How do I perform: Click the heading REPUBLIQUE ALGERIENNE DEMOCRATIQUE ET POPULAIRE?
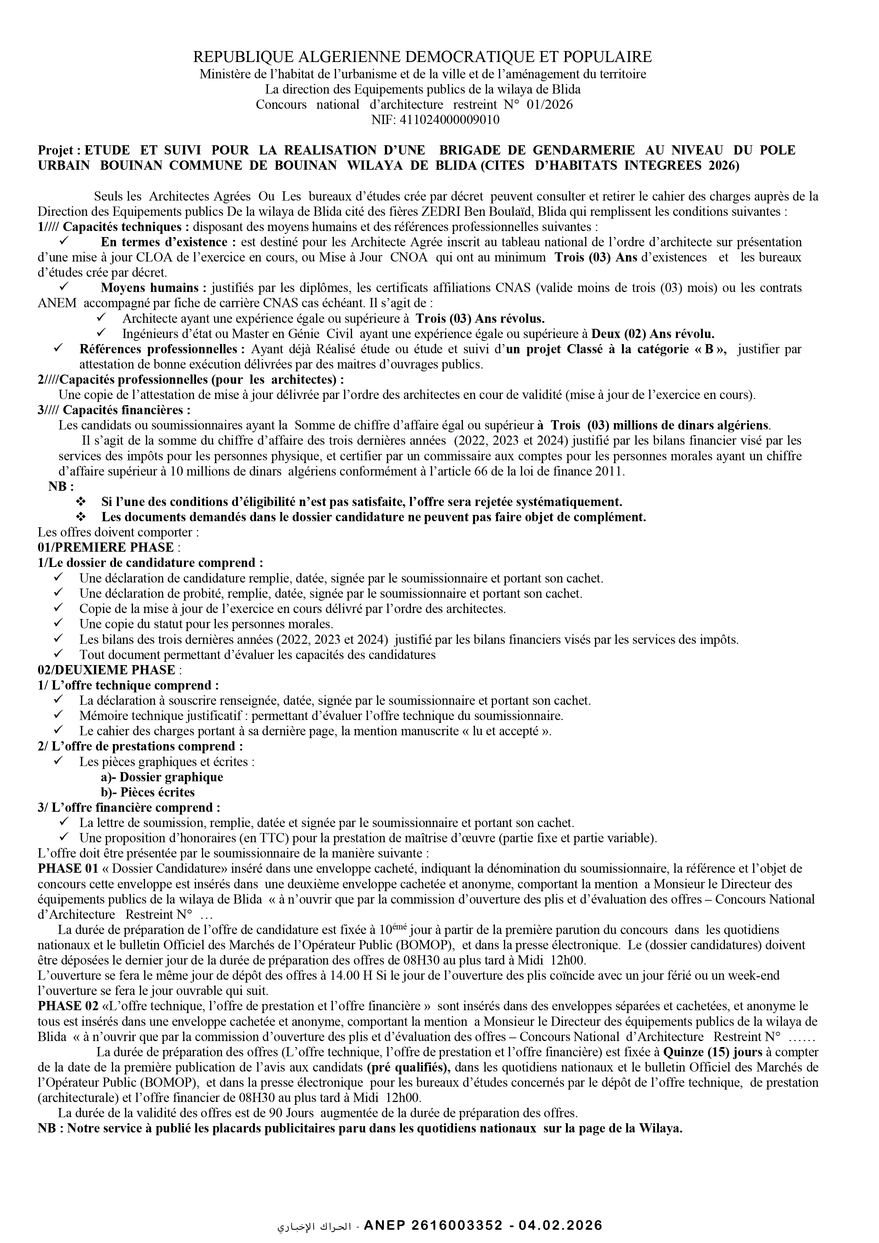click(x=422, y=57)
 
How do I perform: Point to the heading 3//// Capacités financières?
click(x=114, y=410)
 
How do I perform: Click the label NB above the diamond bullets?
click(x=61, y=486)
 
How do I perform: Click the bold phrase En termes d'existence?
click(x=168, y=242)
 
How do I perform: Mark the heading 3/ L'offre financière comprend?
click(x=129, y=808)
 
